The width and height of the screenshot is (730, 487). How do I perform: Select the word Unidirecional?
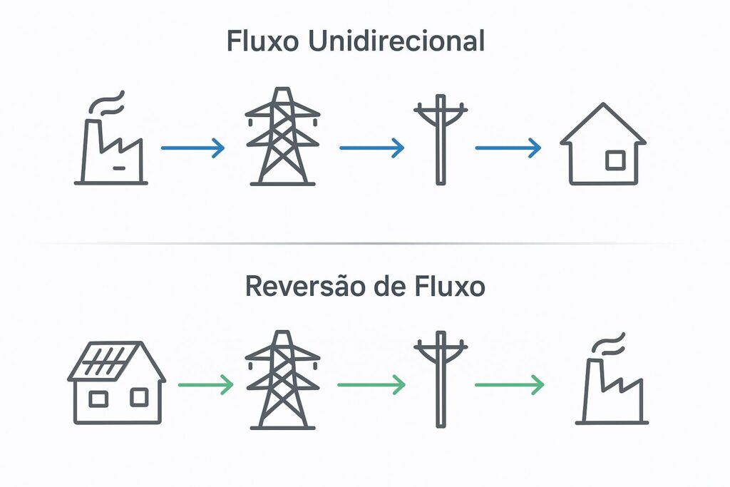[396, 41]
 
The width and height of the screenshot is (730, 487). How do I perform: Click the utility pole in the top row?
[440, 139]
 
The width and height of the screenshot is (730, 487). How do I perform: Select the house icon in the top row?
[603, 146]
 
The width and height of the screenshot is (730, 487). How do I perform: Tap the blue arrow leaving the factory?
[192, 148]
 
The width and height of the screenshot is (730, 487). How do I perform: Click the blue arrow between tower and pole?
[371, 148]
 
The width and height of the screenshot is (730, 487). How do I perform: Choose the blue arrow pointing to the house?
[508, 148]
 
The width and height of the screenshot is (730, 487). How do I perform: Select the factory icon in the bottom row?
[611, 389]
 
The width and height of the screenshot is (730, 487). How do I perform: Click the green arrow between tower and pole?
[371, 386]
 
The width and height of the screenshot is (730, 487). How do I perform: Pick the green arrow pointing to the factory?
[509, 386]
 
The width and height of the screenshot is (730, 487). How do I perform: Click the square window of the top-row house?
[615, 160]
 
